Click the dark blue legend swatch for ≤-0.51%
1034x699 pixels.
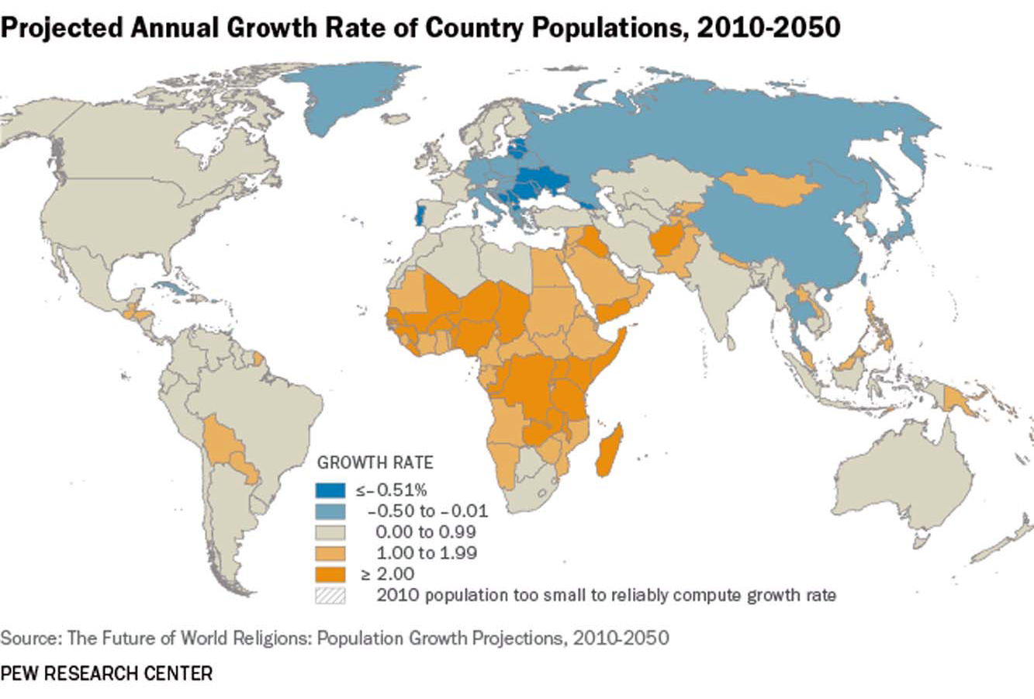tap(330, 490)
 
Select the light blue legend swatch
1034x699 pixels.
tap(330, 511)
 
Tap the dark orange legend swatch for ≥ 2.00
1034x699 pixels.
tap(330, 575)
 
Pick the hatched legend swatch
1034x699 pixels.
tap(330, 596)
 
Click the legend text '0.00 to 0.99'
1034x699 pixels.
tap(425, 532)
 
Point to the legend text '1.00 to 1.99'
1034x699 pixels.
tap(426, 553)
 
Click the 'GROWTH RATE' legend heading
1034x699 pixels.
tap(375, 463)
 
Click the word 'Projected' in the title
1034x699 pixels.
tap(60, 27)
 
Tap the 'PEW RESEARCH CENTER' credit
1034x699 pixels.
tap(106, 673)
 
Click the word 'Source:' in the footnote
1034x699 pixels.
tap(31, 638)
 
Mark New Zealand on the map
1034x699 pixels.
tap(1001, 547)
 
